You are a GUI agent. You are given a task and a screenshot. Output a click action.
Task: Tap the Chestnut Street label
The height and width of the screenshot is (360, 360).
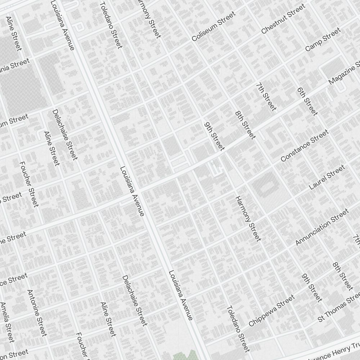point(283,19)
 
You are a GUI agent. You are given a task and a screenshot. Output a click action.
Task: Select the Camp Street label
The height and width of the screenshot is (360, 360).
point(323,39)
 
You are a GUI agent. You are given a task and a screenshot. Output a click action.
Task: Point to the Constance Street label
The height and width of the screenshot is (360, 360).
point(304,146)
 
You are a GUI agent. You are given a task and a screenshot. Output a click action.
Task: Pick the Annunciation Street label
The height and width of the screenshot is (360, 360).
point(322,227)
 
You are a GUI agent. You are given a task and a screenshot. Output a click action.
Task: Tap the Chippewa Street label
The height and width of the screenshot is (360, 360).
point(271,311)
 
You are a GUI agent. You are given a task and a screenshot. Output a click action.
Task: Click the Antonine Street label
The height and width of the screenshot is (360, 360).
point(37,313)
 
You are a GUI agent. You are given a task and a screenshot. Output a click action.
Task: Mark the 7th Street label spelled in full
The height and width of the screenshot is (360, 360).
point(266,97)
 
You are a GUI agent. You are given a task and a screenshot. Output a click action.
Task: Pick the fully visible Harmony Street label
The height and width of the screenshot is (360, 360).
point(248,219)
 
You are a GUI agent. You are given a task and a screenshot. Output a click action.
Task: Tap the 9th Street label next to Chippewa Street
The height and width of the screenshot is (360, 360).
point(312,288)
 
